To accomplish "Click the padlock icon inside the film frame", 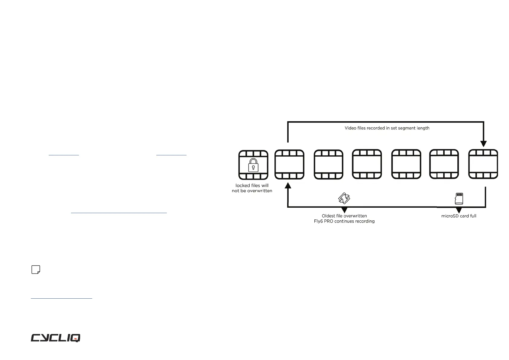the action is (x=253, y=165).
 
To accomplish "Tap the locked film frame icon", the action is (x=253, y=165).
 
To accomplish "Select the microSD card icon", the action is (x=459, y=199).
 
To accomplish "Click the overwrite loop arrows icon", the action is (x=344, y=199).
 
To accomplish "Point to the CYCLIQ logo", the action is (x=56, y=338).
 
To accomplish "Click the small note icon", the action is (x=36, y=270).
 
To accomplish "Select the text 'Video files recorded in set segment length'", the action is (x=387, y=128).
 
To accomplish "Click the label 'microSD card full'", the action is (x=459, y=216).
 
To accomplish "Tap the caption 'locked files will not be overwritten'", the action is (x=252, y=188).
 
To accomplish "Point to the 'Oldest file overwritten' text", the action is (x=344, y=216).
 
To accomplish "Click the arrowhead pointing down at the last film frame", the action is (x=483, y=144).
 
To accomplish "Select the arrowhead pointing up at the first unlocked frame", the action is (x=288, y=185).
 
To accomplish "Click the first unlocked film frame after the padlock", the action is (x=289, y=165).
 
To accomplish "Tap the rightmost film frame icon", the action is (x=483, y=164).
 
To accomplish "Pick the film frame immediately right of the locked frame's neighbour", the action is (x=328, y=165).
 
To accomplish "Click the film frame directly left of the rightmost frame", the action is (x=444, y=164).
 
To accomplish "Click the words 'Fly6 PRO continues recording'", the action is (x=344, y=221).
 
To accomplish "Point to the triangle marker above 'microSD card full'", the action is (x=459, y=210).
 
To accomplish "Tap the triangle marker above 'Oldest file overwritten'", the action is (x=344, y=210).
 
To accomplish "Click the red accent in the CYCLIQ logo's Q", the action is (x=76, y=339).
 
